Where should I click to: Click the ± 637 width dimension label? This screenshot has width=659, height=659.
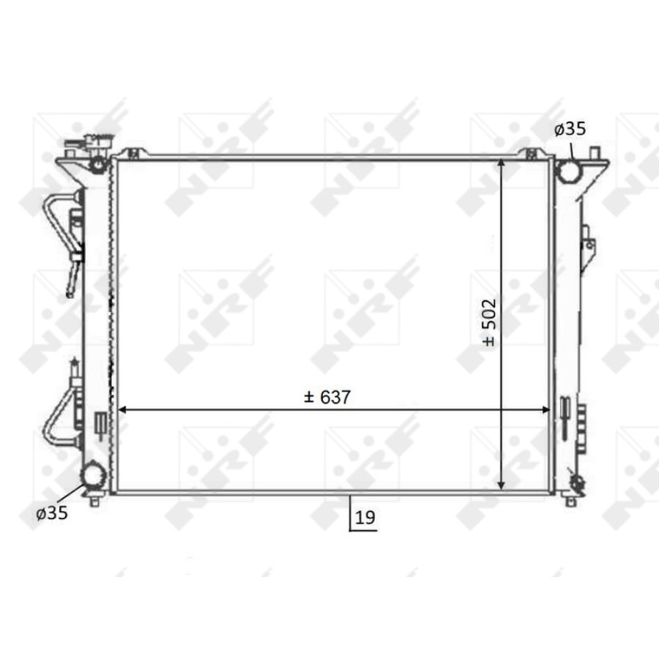tap(327, 397)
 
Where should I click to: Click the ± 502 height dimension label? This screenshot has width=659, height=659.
tap(490, 323)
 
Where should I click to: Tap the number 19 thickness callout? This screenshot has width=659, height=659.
tap(365, 518)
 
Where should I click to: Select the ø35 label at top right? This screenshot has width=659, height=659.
tap(570, 129)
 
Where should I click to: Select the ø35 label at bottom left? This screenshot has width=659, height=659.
tap(52, 513)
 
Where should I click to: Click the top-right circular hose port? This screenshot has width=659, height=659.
tap(569, 171)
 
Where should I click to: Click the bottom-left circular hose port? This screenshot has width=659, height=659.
tap(93, 474)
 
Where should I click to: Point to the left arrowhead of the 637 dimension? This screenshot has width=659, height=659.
tap(123, 410)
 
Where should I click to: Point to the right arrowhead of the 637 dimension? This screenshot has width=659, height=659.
tap(545, 410)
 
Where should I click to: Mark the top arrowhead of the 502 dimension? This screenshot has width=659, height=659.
tap(501, 164)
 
